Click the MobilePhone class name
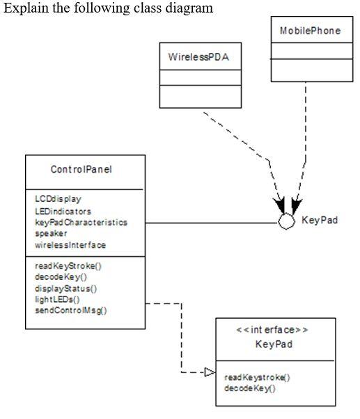click(310, 31)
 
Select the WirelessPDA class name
click(198, 56)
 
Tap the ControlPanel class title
click(81, 170)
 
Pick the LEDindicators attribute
click(63, 211)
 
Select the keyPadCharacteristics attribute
click(81, 222)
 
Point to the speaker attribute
click(50, 233)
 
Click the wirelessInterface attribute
click(70, 245)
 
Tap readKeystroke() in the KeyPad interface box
click(257, 377)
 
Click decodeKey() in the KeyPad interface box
click(250, 388)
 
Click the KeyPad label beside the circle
click(320, 220)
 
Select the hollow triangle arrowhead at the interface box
click(210, 372)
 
